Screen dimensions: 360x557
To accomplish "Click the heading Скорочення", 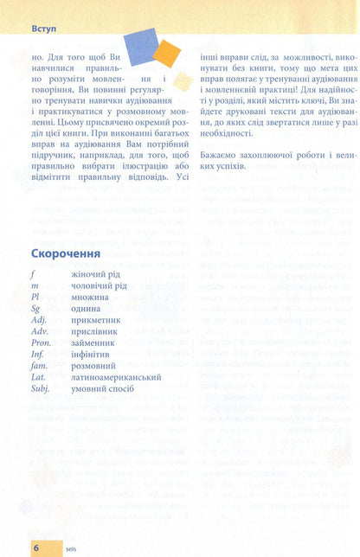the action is [66, 253].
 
